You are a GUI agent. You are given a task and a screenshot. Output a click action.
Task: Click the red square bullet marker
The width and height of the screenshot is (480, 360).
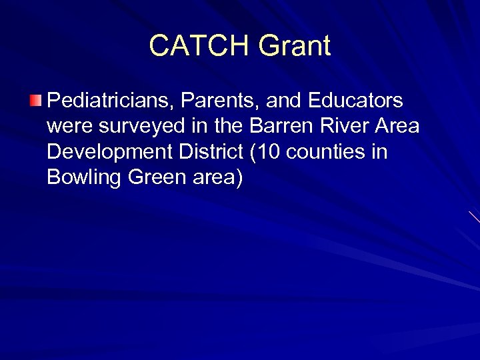click(x=36, y=101)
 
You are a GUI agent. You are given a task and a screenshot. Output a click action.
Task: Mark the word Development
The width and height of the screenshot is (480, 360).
click(x=105, y=153)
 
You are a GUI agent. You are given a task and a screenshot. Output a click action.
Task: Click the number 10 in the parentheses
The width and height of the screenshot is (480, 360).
click(x=265, y=153)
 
